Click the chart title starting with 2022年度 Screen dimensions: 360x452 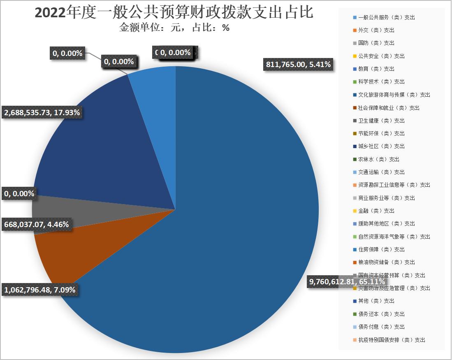click(x=174, y=12)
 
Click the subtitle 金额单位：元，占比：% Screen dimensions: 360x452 click(x=174, y=28)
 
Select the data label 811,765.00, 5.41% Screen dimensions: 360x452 click(x=296, y=64)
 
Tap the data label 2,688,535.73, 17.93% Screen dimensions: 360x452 click(x=43, y=112)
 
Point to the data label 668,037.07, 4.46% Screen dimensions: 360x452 click(x=36, y=225)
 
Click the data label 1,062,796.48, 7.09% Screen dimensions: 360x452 click(x=39, y=290)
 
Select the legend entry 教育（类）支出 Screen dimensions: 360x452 click(x=376, y=69)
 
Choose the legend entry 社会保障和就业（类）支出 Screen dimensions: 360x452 click(x=389, y=108)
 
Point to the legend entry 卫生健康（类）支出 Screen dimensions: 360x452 click(x=381, y=121)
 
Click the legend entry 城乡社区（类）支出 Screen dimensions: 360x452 click(x=381, y=146)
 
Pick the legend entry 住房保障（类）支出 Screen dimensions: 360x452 click(x=381, y=249)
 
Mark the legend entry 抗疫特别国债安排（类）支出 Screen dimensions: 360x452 click(x=391, y=340)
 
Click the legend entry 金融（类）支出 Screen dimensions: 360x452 click(x=376, y=211)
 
